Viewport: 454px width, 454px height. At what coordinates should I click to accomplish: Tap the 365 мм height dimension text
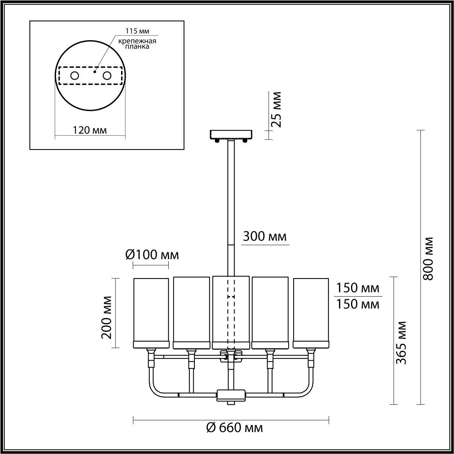(x=401, y=342)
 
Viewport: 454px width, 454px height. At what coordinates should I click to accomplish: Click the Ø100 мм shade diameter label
(x=152, y=255)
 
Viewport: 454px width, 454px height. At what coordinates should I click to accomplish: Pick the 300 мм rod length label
(x=264, y=237)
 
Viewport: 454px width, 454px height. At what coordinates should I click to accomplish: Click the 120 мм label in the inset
(x=90, y=130)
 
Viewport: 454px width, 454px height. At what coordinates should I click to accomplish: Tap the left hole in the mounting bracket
(x=74, y=76)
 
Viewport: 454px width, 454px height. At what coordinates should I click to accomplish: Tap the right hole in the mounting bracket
(x=107, y=76)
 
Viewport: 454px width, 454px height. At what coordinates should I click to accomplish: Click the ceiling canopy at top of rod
(x=231, y=134)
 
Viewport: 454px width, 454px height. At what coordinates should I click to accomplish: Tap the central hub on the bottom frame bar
(x=231, y=395)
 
